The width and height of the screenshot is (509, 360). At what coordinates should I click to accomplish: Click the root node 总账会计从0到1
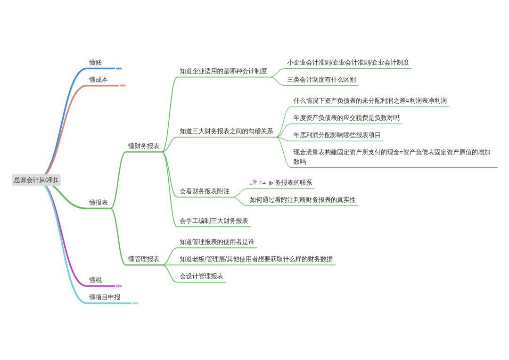pyautogui.click(x=37, y=180)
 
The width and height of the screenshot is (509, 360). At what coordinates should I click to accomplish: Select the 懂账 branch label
pyautogui.click(x=96, y=62)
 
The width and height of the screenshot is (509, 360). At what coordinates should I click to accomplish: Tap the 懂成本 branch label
pyautogui.click(x=99, y=80)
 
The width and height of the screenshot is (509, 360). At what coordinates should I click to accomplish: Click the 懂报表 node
pyautogui.click(x=99, y=203)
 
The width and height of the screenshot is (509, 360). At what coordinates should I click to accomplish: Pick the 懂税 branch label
pyautogui.click(x=96, y=280)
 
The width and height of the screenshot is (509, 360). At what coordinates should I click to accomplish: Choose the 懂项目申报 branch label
pyautogui.click(x=105, y=297)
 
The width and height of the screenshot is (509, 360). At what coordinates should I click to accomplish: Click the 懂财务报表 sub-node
pyautogui.click(x=144, y=146)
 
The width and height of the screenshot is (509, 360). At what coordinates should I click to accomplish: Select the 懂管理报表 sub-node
pyautogui.click(x=144, y=259)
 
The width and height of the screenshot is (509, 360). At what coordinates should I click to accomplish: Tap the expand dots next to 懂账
pyautogui.click(x=119, y=68)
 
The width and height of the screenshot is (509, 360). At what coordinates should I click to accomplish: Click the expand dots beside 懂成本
pyautogui.click(x=123, y=86)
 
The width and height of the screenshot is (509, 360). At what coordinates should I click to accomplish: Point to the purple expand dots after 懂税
pyautogui.click(x=119, y=286)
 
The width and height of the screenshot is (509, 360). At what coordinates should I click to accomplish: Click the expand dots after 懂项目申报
pyautogui.click(x=135, y=303)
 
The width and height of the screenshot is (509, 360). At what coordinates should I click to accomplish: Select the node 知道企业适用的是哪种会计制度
pyautogui.click(x=223, y=71)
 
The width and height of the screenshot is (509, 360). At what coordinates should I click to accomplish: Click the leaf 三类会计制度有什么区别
pyautogui.click(x=321, y=80)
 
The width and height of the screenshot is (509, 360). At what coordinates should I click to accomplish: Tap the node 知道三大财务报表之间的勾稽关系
pyautogui.click(x=226, y=131)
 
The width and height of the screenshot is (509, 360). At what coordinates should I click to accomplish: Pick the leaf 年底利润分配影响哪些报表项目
pyautogui.click(x=337, y=135)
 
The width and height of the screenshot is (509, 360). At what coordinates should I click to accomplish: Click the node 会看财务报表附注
pyautogui.click(x=205, y=191)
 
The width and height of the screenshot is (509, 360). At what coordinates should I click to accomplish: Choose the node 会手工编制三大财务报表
pyautogui.click(x=214, y=221)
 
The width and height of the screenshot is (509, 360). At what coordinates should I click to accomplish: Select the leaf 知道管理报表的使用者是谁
pyautogui.click(x=217, y=242)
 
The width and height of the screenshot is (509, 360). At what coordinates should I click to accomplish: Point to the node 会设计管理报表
pyautogui.click(x=201, y=276)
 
